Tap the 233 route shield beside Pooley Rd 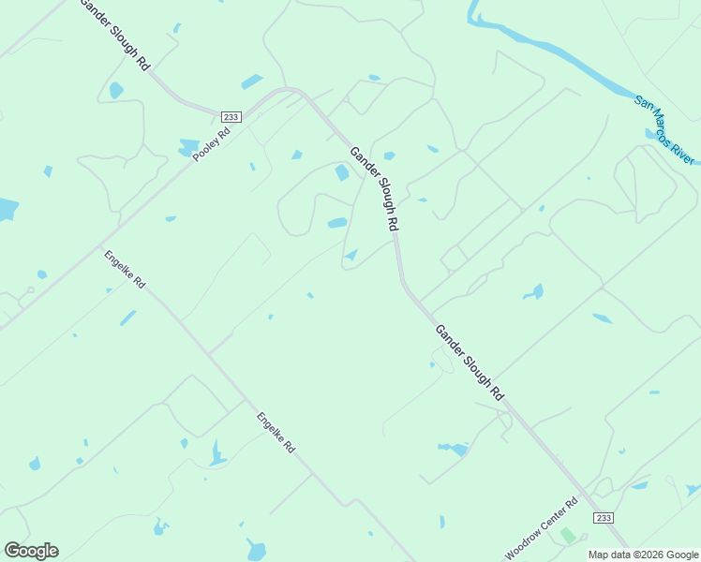231,116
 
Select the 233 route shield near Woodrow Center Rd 604,517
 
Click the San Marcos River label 665,129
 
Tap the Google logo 31,551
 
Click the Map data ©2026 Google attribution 643,555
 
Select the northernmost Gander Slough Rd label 115,35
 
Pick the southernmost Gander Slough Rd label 469,362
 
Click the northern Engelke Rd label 125,269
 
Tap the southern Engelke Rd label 276,434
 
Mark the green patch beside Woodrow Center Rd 567,536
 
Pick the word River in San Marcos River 686,150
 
